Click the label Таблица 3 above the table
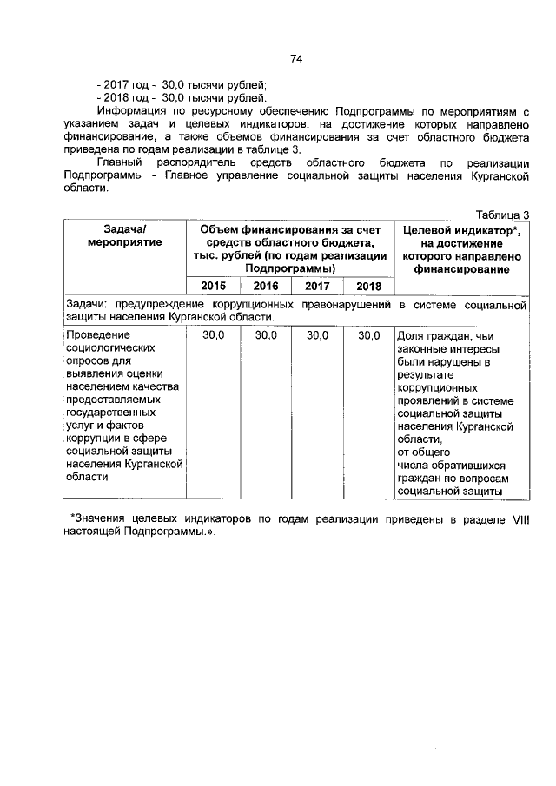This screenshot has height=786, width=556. tap(501, 214)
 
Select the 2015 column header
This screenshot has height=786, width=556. tap(213, 286)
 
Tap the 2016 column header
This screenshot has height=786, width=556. tap(265, 286)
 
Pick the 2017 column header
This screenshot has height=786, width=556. tap(317, 286)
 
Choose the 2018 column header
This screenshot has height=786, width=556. tap(368, 286)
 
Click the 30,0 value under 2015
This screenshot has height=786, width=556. tap(213, 335)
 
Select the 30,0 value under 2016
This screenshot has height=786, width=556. tap(265, 335)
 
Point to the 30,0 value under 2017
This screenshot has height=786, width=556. tap(317, 335)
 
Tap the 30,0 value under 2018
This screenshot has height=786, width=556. tap(368, 335)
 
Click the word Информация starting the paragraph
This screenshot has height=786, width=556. tap(130, 112)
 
